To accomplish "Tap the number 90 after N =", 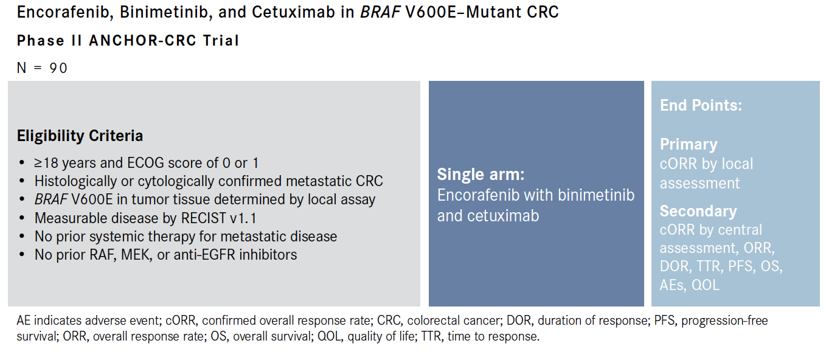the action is (x=58, y=68).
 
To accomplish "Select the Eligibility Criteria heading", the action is (x=80, y=136).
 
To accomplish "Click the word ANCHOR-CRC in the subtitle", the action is (x=142, y=41).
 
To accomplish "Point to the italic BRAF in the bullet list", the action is (x=50, y=199).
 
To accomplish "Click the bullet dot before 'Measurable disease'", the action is (x=22, y=218).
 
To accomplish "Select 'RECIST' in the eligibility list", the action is (x=203, y=218).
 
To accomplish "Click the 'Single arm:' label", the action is (x=481, y=175).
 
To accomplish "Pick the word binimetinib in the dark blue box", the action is (x=596, y=195).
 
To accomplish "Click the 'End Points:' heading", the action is (x=701, y=105).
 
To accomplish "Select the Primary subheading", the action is (x=689, y=144).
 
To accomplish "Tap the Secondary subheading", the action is (x=698, y=211).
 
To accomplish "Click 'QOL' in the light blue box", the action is (x=705, y=285).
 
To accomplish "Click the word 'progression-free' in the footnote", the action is (x=724, y=320).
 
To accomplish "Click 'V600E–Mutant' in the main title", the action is (x=463, y=12).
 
